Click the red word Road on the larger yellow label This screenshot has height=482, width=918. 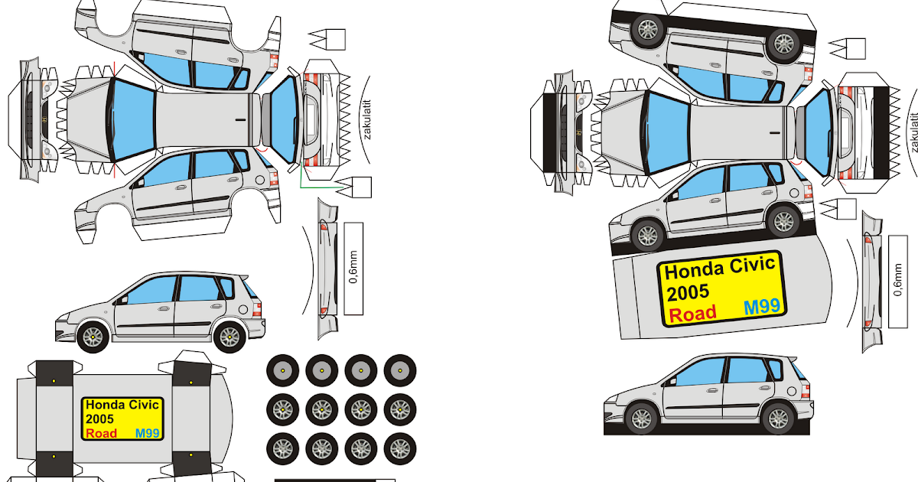[692, 313]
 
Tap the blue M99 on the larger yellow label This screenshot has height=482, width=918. [762, 307]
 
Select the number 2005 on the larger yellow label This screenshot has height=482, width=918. [688, 291]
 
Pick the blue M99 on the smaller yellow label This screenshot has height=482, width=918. [147, 433]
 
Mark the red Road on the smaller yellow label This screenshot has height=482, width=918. [103, 433]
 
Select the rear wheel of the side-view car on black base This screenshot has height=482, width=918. [777, 418]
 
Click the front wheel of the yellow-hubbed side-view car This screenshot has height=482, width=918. [93, 334]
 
